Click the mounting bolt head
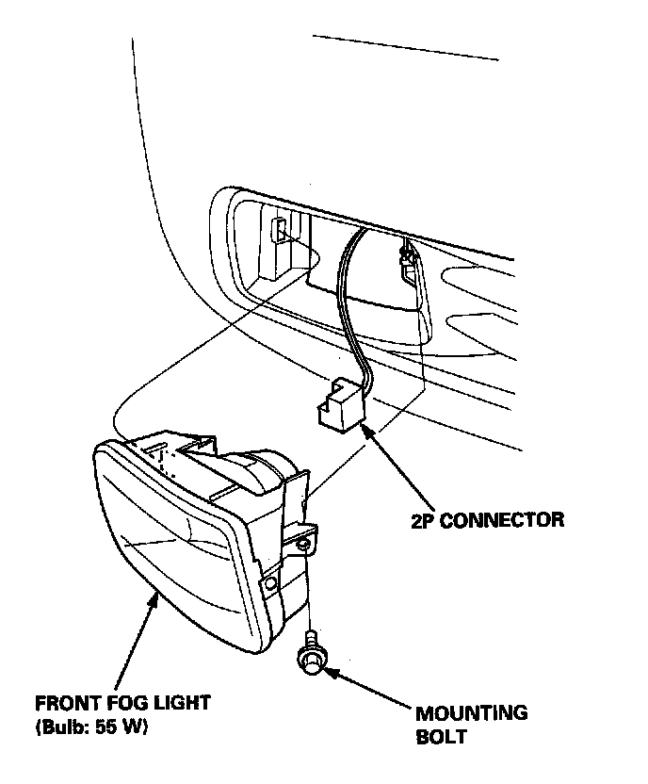(x=310, y=663)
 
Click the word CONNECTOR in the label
(x=504, y=519)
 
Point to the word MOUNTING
(x=471, y=713)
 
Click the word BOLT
(x=441, y=736)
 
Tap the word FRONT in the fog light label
(x=65, y=703)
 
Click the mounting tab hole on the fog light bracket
(x=303, y=546)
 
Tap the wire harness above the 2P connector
(x=349, y=302)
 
